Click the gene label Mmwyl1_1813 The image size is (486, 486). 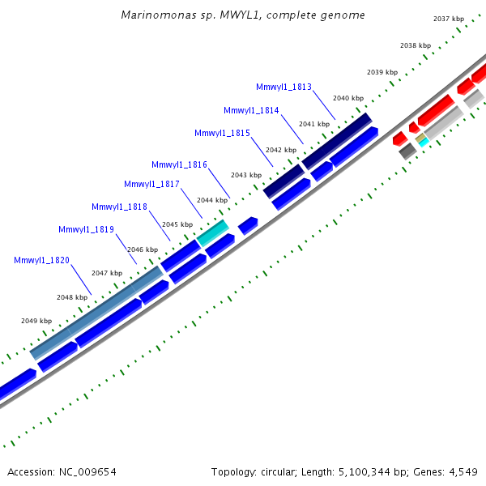(283, 87)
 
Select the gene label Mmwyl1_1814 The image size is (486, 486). (251, 110)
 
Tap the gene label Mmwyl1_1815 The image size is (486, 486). (222, 133)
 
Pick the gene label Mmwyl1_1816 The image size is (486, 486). (179, 164)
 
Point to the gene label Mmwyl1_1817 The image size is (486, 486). (151, 184)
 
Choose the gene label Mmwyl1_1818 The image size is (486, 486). (119, 207)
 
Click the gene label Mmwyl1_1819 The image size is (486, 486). (86, 229)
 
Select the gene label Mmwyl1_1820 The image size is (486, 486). (41, 260)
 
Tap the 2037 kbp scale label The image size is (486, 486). (449, 19)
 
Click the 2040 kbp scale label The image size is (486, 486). (347, 98)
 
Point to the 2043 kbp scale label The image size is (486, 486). (246, 175)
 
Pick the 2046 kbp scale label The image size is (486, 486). (143, 249)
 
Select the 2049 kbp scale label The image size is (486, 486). (36, 321)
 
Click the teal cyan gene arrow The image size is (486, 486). (213, 232)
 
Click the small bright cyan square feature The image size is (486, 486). (423, 142)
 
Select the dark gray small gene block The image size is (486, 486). (407, 151)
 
